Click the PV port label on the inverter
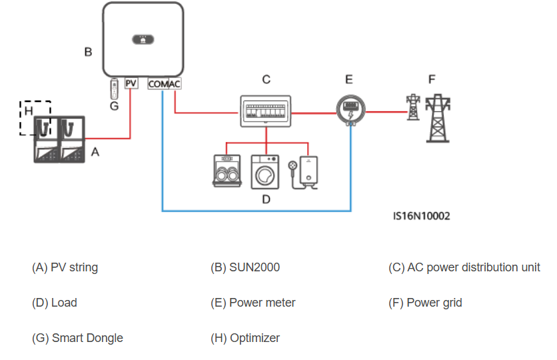click(x=131, y=84)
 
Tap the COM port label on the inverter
click(x=157, y=85)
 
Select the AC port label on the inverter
click(x=174, y=85)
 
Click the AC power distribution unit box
click(x=265, y=111)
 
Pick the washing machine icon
click(x=266, y=171)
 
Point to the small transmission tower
click(x=413, y=107)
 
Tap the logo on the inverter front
click(x=143, y=39)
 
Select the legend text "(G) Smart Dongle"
click(x=77, y=338)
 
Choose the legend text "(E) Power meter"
click(x=253, y=303)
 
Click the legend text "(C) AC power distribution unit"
click(x=464, y=267)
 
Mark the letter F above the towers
click(x=432, y=79)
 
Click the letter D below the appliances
click(x=266, y=199)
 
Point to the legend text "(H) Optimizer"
click(x=245, y=338)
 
